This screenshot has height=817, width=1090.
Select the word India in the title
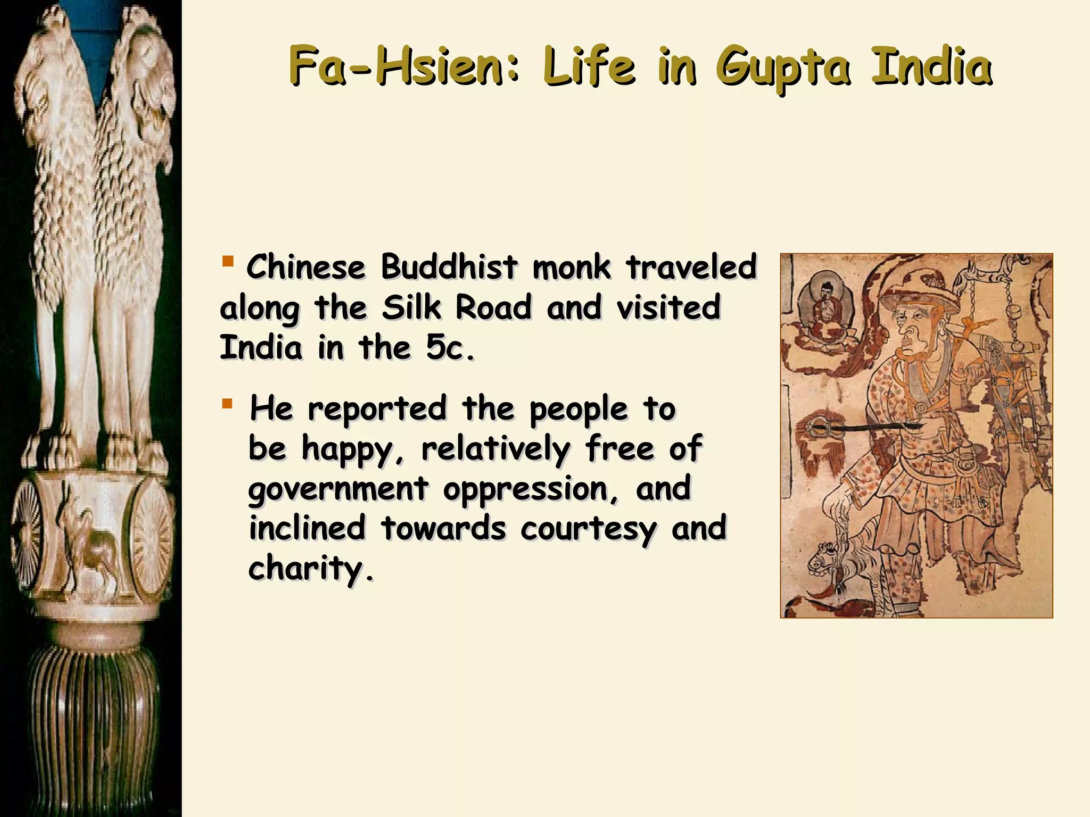coord(931,67)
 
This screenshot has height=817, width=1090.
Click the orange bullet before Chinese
coord(228,261)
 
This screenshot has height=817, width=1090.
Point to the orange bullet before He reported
coord(228,404)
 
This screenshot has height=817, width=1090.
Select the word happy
coord(349,449)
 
